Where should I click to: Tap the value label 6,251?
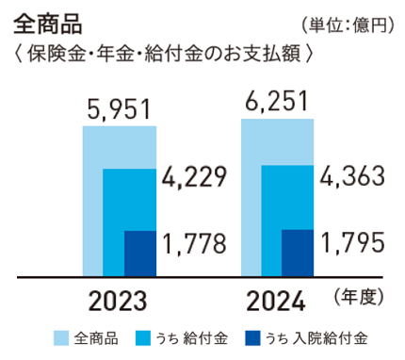pyautogui.click(x=276, y=100)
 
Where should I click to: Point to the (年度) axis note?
pyautogui.click(x=359, y=297)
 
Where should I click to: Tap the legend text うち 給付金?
pyautogui.click(x=191, y=338)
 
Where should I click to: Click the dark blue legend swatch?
pyautogui.click(x=251, y=338)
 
